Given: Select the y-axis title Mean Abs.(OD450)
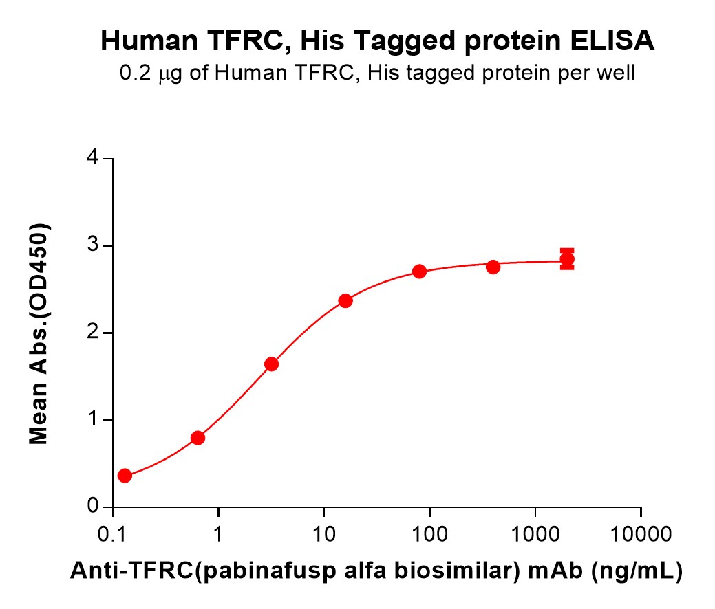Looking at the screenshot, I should coord(39,333).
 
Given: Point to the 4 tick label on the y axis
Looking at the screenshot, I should coord(91,159).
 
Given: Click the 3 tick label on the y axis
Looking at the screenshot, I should coord(91,246).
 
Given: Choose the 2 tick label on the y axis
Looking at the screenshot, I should coord(91,333).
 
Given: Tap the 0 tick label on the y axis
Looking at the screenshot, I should coord(91,507).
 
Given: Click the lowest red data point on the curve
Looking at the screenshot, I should coord(125,476).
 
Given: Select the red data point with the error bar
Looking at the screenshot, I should coord(567,259).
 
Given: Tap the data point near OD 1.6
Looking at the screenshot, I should coord(271,364).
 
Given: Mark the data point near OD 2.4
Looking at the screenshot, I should coord(345,300).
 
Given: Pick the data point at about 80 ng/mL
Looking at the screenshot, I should coord(419,272).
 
